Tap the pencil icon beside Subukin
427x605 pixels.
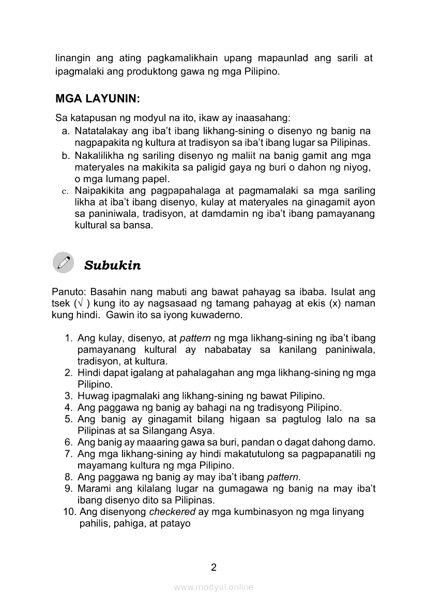[64, 263]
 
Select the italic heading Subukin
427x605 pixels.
[112, 265]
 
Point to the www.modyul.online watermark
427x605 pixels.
[213, 587]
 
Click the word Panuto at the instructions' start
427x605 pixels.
[67, 292]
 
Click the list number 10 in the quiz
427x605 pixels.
[71, 512]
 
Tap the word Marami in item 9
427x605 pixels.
[93, 489]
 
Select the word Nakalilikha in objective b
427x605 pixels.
[98, 156]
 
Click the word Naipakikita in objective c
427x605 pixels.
[98, 191]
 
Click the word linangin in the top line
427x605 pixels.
[72, 58]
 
